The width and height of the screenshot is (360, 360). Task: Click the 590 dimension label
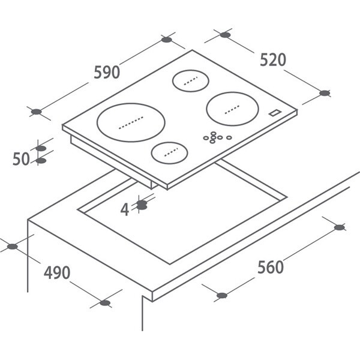(x=107, y=72)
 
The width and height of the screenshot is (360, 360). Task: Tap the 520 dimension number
(x=273, y=59)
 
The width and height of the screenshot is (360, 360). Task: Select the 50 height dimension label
(x=21, y=158)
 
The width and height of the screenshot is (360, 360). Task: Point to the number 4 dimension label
(x=125, y=209)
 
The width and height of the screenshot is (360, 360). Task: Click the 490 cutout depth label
(x=57, y=272)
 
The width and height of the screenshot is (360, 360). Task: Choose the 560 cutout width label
(x=271, y=267)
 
